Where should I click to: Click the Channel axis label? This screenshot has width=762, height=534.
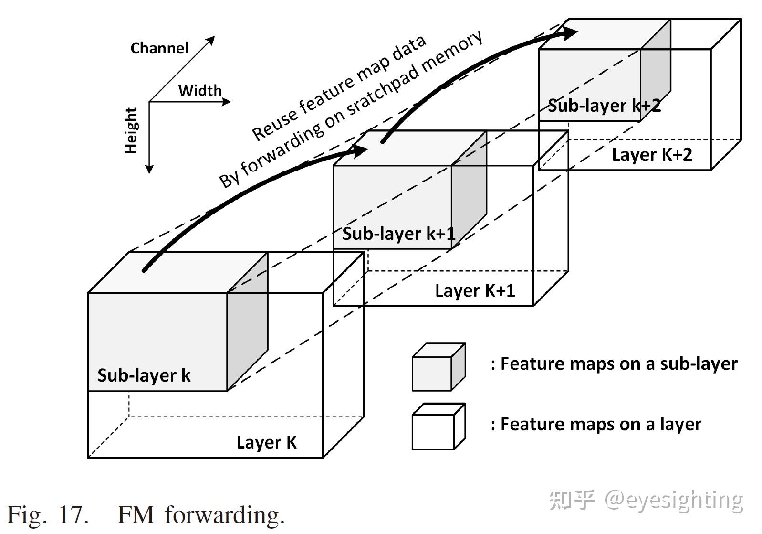[x=159, y=48]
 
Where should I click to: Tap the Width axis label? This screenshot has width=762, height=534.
[x=200, y=90]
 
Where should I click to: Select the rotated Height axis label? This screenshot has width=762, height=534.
[x=131, y=130]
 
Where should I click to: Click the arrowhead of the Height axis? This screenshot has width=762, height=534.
[x=149, y=169]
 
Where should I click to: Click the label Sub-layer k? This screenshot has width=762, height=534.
[x=144, y=375]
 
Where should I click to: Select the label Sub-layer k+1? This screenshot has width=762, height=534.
[x=398, y=234]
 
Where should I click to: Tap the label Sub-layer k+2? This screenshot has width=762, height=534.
[x=604, y=106]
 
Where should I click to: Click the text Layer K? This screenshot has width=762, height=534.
[x=266, y=442]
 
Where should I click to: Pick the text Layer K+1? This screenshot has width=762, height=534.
[x=475, y=290]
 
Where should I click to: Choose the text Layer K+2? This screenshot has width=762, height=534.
[x=651, y=155]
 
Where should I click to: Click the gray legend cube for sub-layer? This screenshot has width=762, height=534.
[x=438, y=367]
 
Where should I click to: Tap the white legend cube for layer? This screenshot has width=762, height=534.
[x=438, y=427]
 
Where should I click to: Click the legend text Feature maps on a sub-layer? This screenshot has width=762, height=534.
[x=614, y=364]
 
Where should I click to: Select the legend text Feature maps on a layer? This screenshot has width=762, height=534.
[x=596, y=424]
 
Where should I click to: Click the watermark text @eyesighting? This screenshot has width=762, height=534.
[x=674, y=500]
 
